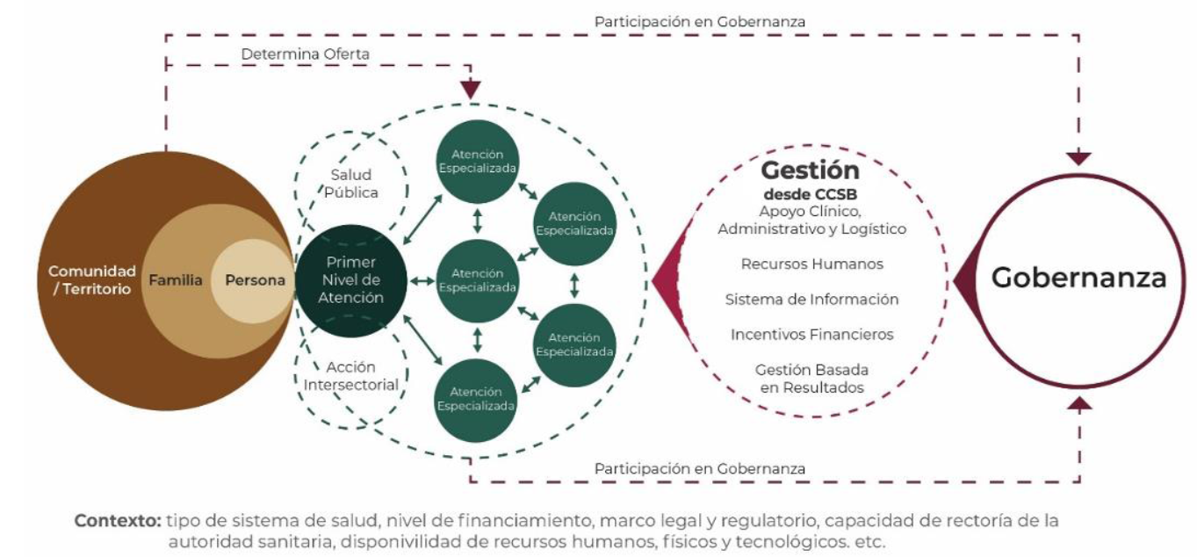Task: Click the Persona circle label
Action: (255, 281)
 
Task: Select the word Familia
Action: (176, 281)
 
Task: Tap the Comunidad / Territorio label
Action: (91, 280)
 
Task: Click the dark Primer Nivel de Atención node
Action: (350, 280)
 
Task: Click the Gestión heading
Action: (810, 170)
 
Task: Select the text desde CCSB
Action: (810, 192)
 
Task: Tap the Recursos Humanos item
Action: (811, 264)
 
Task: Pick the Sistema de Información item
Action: (811, 300)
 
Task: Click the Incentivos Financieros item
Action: (811, 335)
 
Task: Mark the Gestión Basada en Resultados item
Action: (811, 379)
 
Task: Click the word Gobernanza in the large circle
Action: (1078, 278)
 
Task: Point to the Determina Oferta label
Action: (305, 54)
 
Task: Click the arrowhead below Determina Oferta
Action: (472, 90)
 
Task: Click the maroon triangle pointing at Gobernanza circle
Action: (965, 280)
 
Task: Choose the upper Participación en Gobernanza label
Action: (699, 19)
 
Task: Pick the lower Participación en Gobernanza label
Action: (699, 468)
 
